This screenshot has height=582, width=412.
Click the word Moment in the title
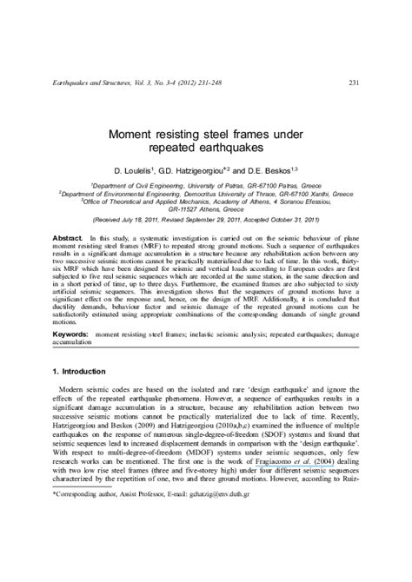click(130, 136)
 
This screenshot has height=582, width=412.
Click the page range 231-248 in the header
click(213, 83)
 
